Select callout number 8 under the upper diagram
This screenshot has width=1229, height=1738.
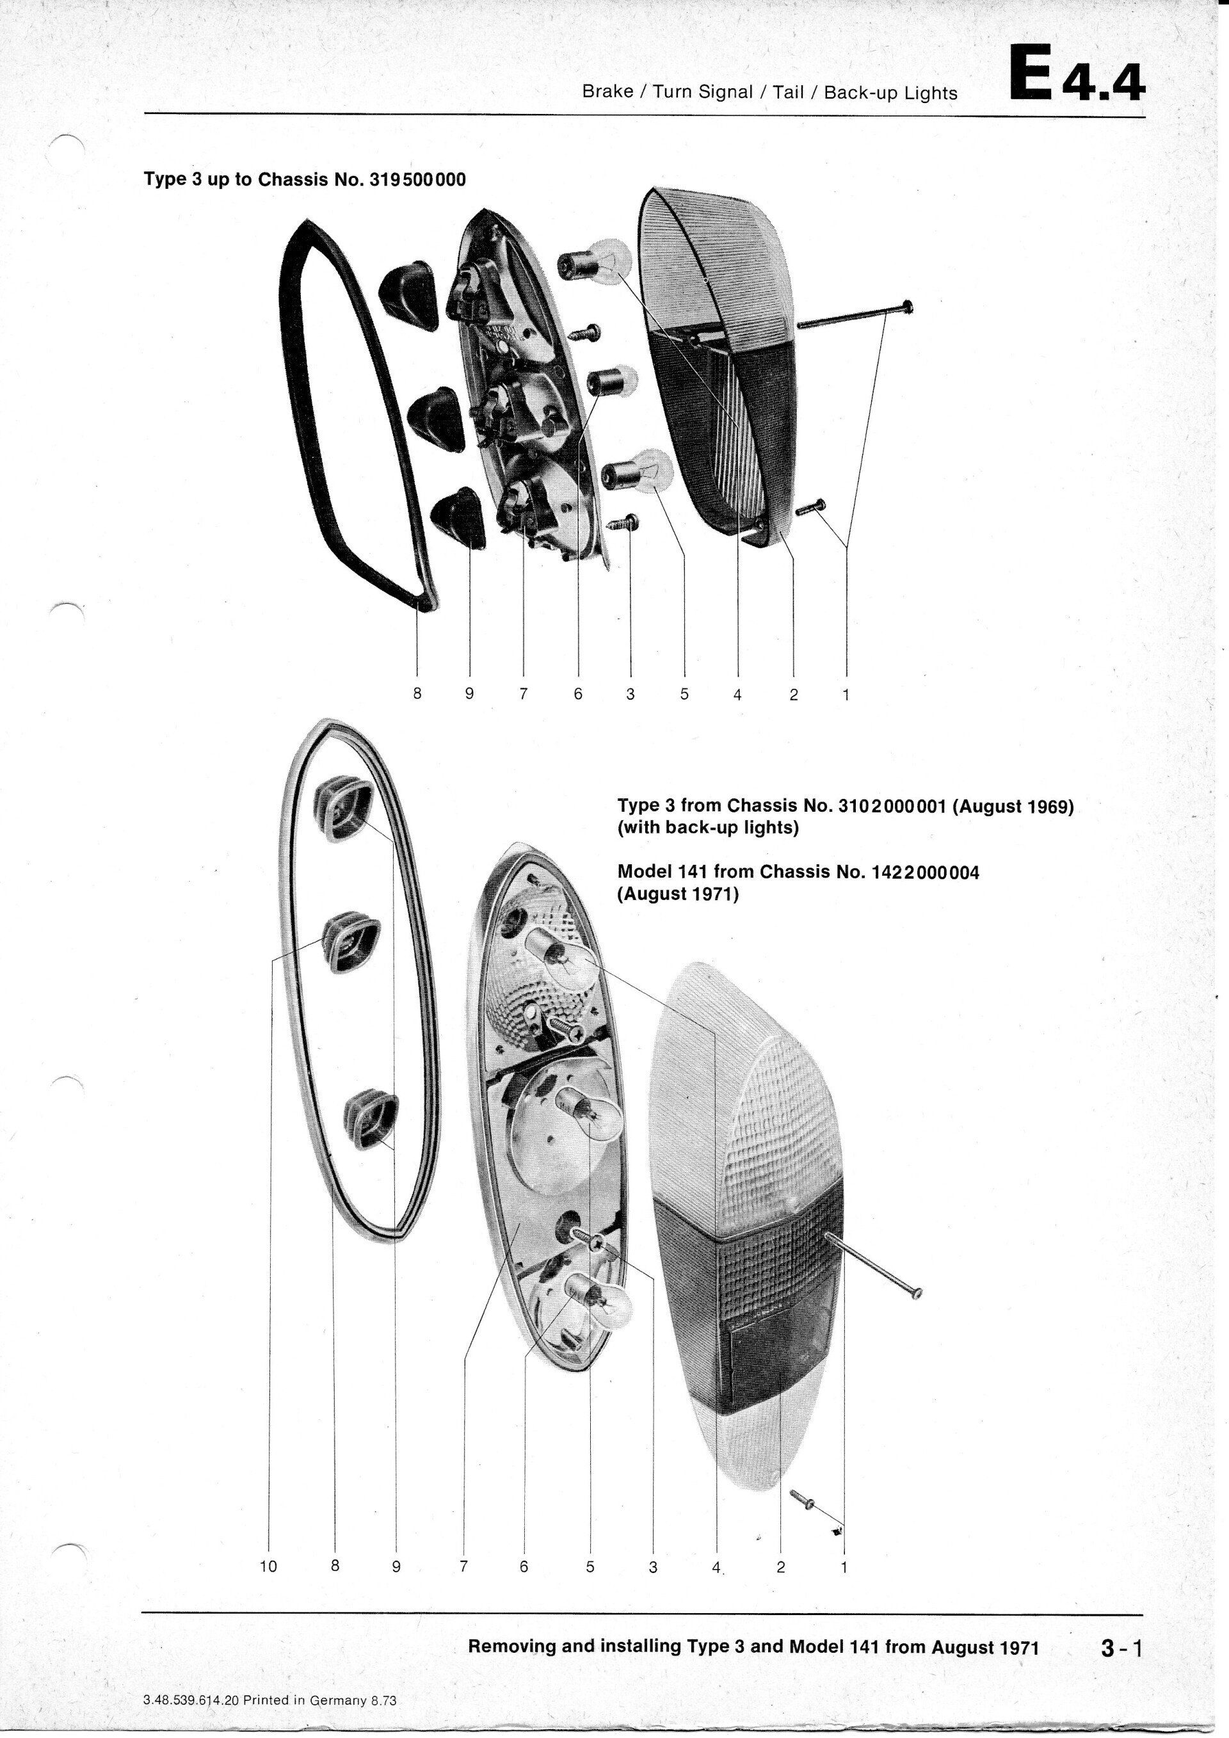pyautogui.click(x=416, y=693)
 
